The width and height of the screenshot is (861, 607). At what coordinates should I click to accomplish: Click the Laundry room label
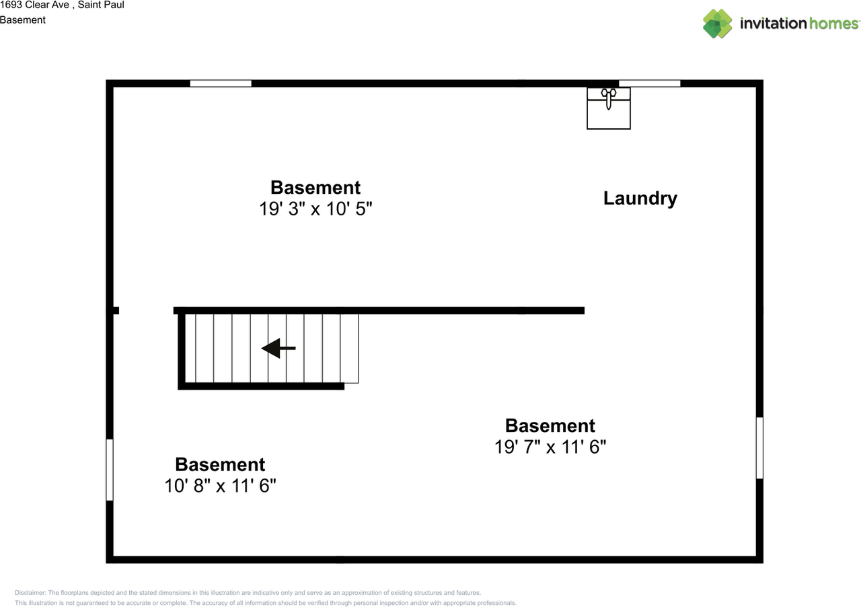[x=640, y=199]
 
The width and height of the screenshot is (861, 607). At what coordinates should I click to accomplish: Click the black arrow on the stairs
[x=278, y=348]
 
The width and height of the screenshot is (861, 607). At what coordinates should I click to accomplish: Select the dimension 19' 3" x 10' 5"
[x=315, y=209]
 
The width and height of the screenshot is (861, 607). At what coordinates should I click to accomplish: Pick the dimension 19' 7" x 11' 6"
[x=550, y=447]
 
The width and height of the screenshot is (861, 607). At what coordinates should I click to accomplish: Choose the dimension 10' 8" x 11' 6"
[x=220, y=486]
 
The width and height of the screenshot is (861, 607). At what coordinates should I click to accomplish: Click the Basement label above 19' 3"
[x=315, y=187]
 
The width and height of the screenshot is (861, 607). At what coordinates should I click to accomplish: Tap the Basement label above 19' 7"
[x=550, y=425]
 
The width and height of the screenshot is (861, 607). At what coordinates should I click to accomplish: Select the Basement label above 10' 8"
[x=220, y=464]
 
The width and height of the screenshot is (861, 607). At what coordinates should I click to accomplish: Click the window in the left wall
[x=110, y=470]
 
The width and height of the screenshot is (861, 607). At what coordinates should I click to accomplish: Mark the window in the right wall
[x=759, y=448]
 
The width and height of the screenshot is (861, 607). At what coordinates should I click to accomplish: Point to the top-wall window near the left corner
[x=221, y=83]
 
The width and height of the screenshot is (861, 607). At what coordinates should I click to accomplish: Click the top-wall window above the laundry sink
[x=649, y=83]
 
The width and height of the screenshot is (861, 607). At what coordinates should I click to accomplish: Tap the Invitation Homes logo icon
[x=717, y=24]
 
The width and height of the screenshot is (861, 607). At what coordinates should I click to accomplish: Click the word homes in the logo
[x=833, y=24]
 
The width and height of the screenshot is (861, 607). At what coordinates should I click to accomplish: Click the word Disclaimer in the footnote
[x=30, y=593]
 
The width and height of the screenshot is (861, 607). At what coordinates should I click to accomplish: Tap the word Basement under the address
[x=23, y=20]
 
